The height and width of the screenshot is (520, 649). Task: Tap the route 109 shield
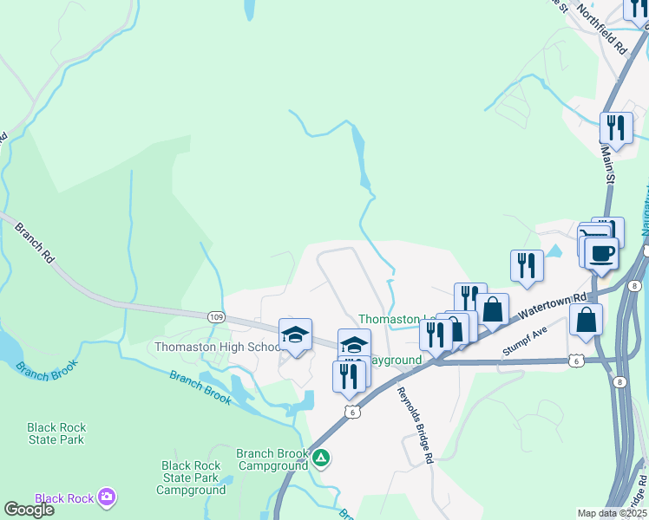click(x=215, y=318)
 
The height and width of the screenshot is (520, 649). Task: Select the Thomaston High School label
click(x=217, y=347)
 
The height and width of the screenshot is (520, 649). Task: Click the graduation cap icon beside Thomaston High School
click(x=295, y=335)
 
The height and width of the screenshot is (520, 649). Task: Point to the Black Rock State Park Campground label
click(x=190, y=478)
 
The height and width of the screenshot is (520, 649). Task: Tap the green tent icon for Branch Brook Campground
click(x=321, y=458)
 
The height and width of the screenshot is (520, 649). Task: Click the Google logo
click(x=29, y=510)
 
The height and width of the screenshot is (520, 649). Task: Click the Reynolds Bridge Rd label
click(x=415, y=425)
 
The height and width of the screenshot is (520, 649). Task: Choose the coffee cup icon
click(x=601, y=254)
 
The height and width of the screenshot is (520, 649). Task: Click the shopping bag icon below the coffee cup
click(x=587, y=320)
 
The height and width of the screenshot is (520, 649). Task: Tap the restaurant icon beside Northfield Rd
click(x=616, y=127)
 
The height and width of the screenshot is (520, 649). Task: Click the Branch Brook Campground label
click(x=273, y=458)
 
